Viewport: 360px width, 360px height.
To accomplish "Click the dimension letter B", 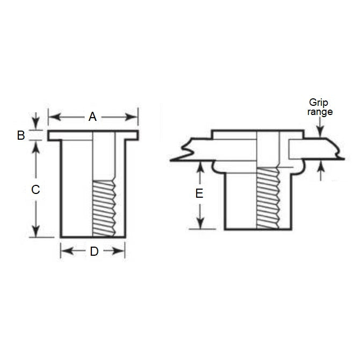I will (21, 135).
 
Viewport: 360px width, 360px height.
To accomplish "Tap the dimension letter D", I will (93, 251).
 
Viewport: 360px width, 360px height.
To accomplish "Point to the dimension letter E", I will (199, 194).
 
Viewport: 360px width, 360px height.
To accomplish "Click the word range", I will (320, 112).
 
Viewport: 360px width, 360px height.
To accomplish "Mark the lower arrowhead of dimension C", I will (35, 232).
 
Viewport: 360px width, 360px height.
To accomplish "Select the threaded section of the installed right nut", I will (267, 197).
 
